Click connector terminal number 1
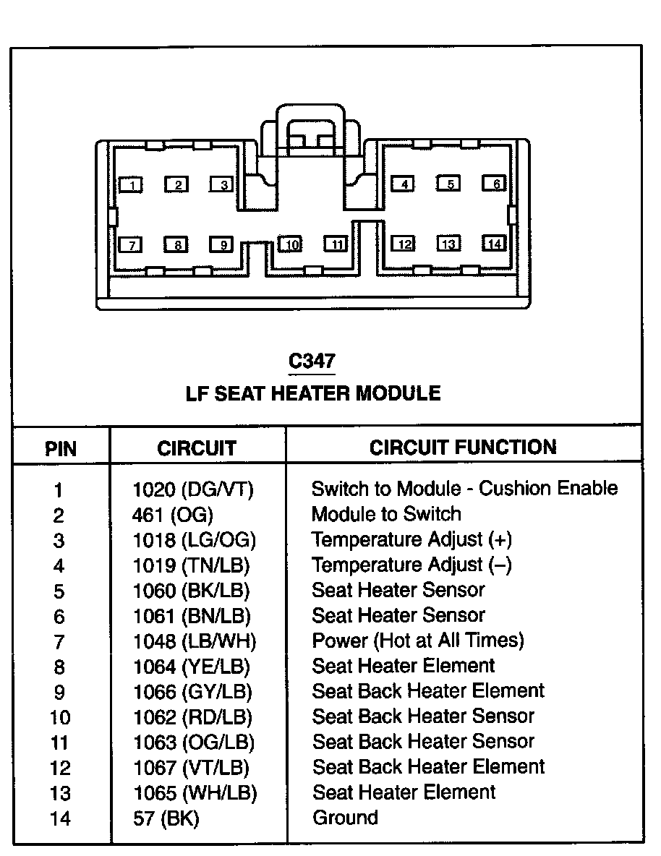(130, 185)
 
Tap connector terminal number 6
(494, 184)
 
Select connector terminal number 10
(290, 244)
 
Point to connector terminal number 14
(494, 244)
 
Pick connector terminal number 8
(176, 244)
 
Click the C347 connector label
(312, 361)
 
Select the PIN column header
(61, 448)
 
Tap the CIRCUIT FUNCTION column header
(463, 447)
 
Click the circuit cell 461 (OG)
(173, 515)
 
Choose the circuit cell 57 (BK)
(166, 818)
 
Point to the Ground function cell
(345, 818)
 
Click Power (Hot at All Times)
(417, 641)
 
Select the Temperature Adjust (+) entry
(411, 540)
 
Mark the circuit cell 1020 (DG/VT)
(194, 489)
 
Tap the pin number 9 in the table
(59, 693)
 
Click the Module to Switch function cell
(386, 514)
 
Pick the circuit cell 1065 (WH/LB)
(195, 792)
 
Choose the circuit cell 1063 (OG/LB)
(194, 742)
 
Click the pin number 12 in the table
(59, 769)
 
